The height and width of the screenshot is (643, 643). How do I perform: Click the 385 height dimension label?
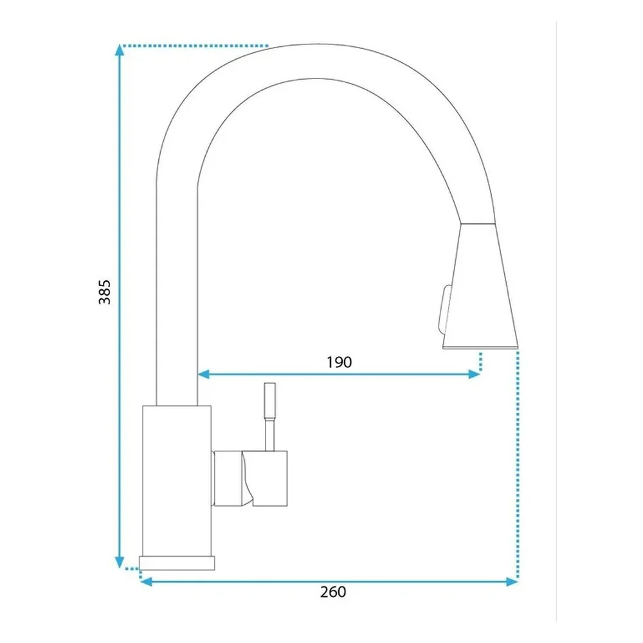pyautogui.click(x=105, y=292)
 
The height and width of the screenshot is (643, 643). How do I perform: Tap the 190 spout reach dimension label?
pyautogui.click(x=339, y=362)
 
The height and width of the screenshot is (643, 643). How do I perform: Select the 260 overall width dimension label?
pyautogui.click(x=333, y=592)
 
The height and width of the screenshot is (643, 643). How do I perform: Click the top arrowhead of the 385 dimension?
pyautogui.click(x=120, y=50)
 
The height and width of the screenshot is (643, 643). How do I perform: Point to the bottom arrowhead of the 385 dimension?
pyautogui.click(x=120, y=562)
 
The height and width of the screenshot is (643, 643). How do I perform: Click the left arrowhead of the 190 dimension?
pyautogui.click(x=204, y=374)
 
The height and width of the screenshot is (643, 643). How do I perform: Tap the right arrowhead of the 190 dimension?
pyautogui.click(x=474, y=374)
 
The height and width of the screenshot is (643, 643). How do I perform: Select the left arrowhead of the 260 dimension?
pyautogui.click(x=146, y=581)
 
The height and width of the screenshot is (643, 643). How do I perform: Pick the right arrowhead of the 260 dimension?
pyautogui.click(x=512, y=581)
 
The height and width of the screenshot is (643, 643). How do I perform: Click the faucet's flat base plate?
pyautogui.click(x=177, y=563)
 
